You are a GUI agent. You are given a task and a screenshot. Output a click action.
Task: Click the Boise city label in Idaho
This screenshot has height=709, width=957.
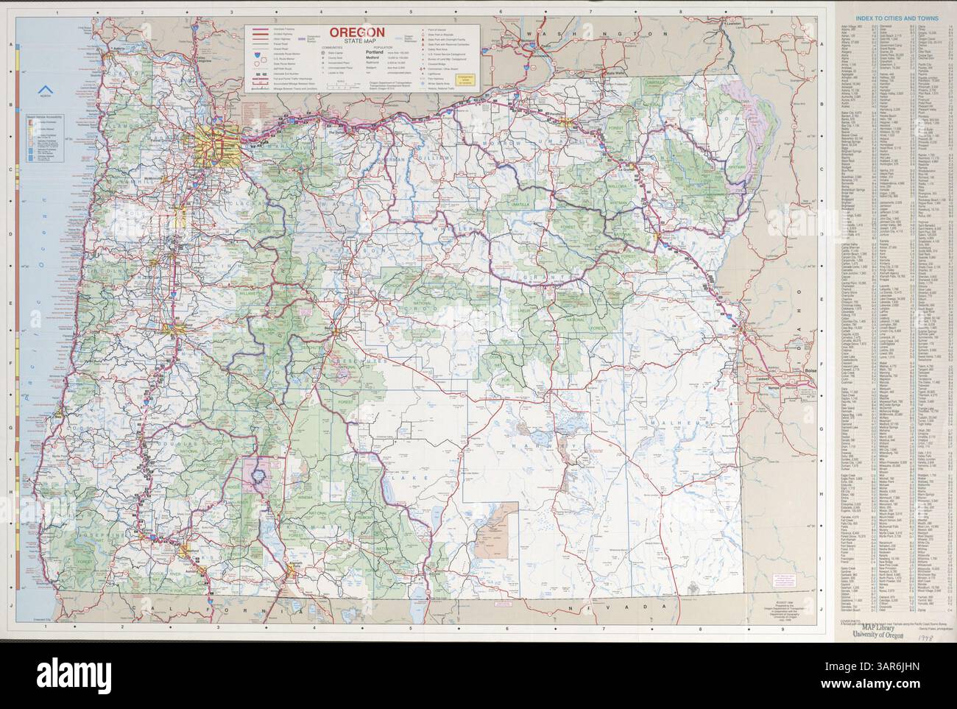[x=813, y=370]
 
